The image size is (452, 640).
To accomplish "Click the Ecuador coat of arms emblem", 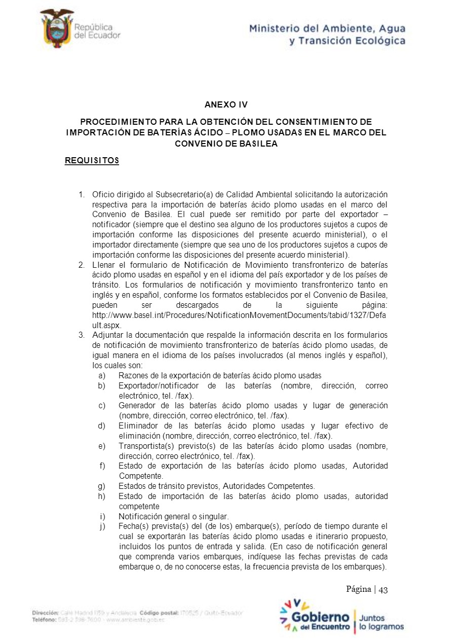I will point(56,29).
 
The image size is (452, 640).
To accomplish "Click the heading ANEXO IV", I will point(226,105).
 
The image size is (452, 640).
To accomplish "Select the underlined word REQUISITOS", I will point(92,161).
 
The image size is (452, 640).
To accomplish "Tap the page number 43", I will point(383,589).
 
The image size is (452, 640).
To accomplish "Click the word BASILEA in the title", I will point(259,144).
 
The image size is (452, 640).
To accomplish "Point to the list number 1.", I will point(81,195).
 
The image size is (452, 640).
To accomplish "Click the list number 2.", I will point(81,265).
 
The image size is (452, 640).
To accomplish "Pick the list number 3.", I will point(81,335).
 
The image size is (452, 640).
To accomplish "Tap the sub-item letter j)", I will point(102,525).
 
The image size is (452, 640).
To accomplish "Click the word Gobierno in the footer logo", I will point(320,617).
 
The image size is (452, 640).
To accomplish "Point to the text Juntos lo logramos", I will point(381,622).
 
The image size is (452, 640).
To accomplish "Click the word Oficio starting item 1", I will point(103,195).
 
